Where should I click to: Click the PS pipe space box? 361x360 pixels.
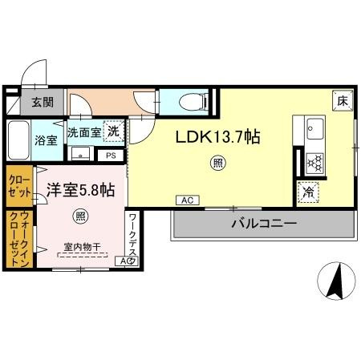[x=111, y=156]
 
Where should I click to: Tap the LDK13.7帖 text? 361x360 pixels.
[x=217, y=137]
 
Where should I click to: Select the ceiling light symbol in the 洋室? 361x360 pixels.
[x=79, y=215]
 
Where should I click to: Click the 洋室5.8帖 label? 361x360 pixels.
[x=79, y=190]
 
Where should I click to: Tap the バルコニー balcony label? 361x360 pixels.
[x=264, y=222]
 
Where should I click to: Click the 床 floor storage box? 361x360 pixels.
[x=342, y=101]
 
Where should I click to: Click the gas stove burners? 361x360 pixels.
[x=314, y=164]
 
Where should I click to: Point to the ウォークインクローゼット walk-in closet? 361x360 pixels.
[x=17, y=238]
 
